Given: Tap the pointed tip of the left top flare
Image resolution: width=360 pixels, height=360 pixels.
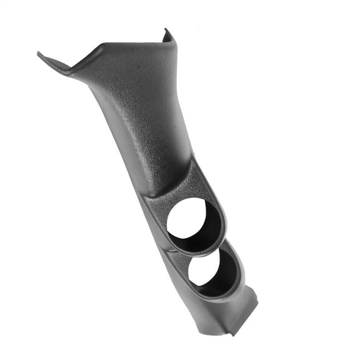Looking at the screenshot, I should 39,53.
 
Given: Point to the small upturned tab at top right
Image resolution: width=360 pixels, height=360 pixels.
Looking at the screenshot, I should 167,32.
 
